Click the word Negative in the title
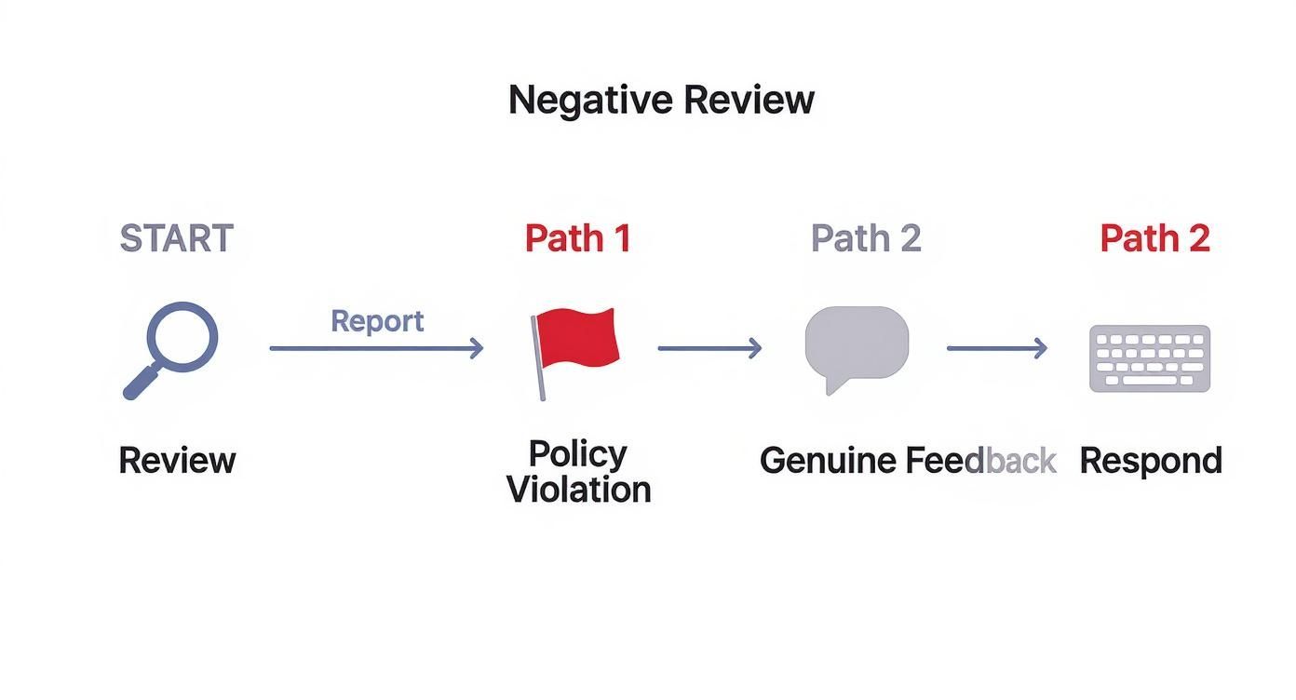click(588, 100)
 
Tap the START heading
click(176, 239)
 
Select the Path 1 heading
click(577, 238)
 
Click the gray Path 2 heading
click(866, 238)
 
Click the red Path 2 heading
click(1154, 238)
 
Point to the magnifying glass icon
click(182, 337)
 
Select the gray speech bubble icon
click(857, 344)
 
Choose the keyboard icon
click(1150, 358)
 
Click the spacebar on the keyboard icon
click(1150, 380)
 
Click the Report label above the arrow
click(377, 321)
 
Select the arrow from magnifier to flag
click(376, 348)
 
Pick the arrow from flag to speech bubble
click(709, 348)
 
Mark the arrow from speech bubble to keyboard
click(996, 348)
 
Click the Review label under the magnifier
click(177, 461)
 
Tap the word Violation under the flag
click(578, 490)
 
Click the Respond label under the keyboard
click(1151, 461)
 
